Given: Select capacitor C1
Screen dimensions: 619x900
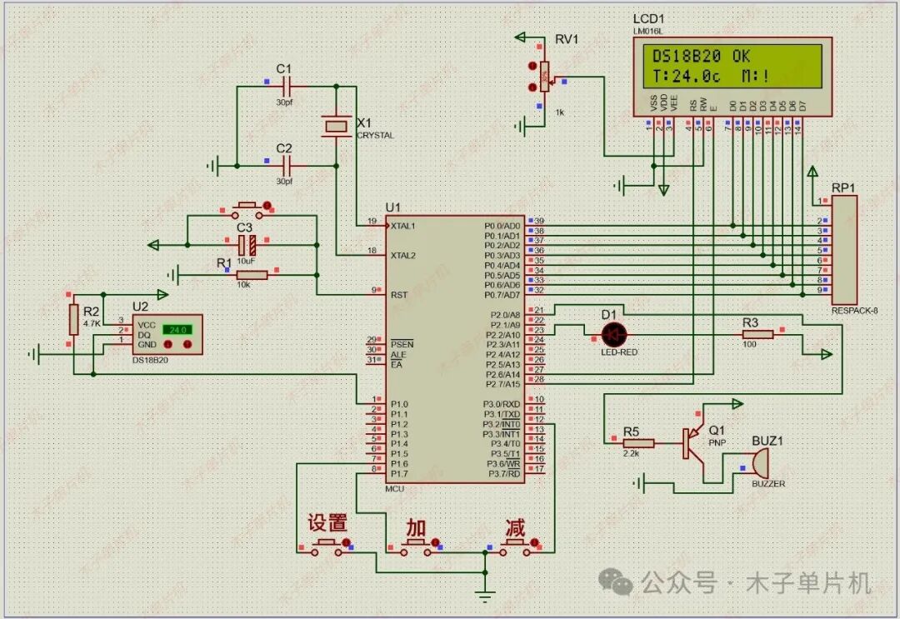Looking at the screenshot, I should click(285, 86).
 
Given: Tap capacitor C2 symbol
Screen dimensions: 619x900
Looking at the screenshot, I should click(285, 165).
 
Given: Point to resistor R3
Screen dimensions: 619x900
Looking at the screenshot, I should click(757, 334).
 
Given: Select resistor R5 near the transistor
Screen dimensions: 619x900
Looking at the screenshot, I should click(638, 443).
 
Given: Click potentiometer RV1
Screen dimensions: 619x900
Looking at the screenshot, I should click(545, 77).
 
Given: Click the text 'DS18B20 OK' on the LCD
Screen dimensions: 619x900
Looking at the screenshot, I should click(699, 57).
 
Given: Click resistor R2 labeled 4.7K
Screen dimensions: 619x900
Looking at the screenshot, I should click(73, 319).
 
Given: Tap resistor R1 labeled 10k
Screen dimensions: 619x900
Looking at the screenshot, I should click(252, 274).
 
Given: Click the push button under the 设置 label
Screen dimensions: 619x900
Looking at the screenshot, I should click(327, 546).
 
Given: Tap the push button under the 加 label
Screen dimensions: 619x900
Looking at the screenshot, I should click(416, 546).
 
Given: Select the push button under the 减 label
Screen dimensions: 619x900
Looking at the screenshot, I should click(514, 546).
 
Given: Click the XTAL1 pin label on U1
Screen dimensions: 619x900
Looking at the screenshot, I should click(403, 226).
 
